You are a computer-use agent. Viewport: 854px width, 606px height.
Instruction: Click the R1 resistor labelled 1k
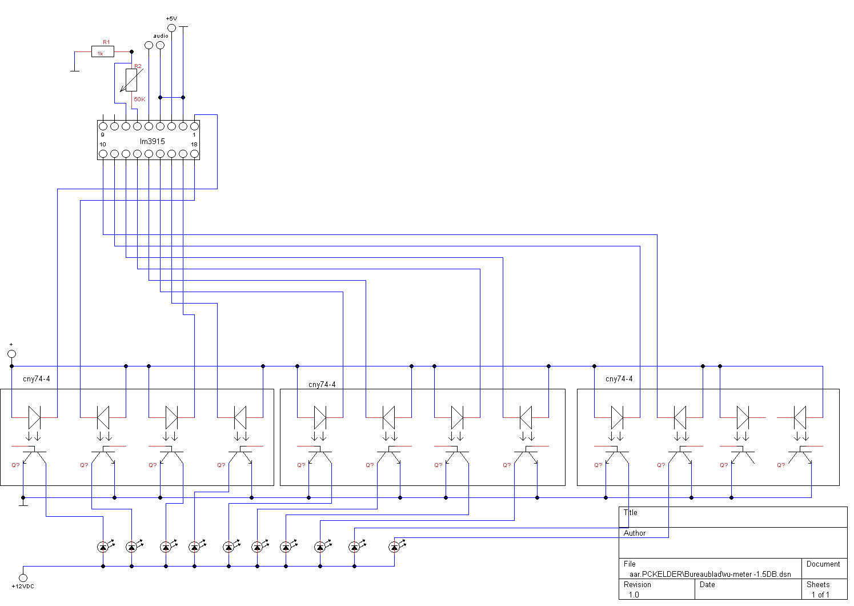(103, 52)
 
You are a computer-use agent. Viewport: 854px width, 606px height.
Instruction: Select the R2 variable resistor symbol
(131, 80)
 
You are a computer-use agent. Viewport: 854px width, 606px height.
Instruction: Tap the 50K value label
(139, 99)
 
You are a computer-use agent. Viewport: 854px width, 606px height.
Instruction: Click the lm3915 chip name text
(153, 141)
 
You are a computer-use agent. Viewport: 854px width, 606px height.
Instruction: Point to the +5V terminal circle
(171, 27)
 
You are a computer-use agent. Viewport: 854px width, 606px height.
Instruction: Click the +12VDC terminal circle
(23, 578)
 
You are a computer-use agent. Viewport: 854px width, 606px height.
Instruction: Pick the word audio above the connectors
(161, 36)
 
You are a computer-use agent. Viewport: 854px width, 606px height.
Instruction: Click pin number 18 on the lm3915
(194, 145)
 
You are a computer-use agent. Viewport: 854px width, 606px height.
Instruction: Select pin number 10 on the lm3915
(103, 145)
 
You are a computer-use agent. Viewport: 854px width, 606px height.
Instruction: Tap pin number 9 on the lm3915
(102, 135)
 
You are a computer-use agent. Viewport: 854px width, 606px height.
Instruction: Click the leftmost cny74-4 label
(37, 379)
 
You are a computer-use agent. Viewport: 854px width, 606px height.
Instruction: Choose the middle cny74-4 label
(322, 385)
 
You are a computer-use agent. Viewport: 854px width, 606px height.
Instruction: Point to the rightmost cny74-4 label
(619, 379)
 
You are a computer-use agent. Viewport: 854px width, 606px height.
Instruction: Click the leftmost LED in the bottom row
(103, 547)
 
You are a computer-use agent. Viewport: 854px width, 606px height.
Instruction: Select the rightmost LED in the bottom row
(394, 547)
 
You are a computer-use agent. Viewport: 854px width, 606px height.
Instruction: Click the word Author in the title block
(635, 533)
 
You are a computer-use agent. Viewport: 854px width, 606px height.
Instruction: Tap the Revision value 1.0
(634, 595)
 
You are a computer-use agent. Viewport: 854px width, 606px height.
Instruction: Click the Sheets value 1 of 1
(820, 595)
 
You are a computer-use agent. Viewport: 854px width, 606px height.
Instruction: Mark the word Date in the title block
(707, 584)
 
